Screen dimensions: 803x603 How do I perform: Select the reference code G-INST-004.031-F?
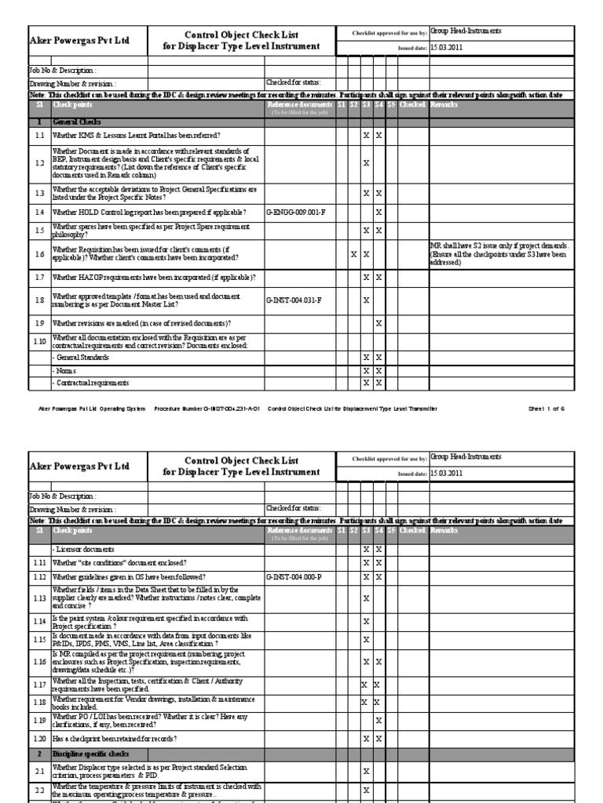click(294, 300)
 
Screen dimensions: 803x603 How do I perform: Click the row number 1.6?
click(39, 253)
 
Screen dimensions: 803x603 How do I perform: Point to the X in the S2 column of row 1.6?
click(353, 253)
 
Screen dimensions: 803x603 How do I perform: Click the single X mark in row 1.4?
click(378, 213)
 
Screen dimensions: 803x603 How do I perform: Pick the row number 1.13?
click(39, 600)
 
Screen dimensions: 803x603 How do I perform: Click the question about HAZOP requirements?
click(153, 277)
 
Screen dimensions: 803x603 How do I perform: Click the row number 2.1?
click(39, 771)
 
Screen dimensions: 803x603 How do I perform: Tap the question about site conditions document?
click(119, 563)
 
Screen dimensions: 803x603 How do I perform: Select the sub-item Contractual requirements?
click(86, 383)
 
